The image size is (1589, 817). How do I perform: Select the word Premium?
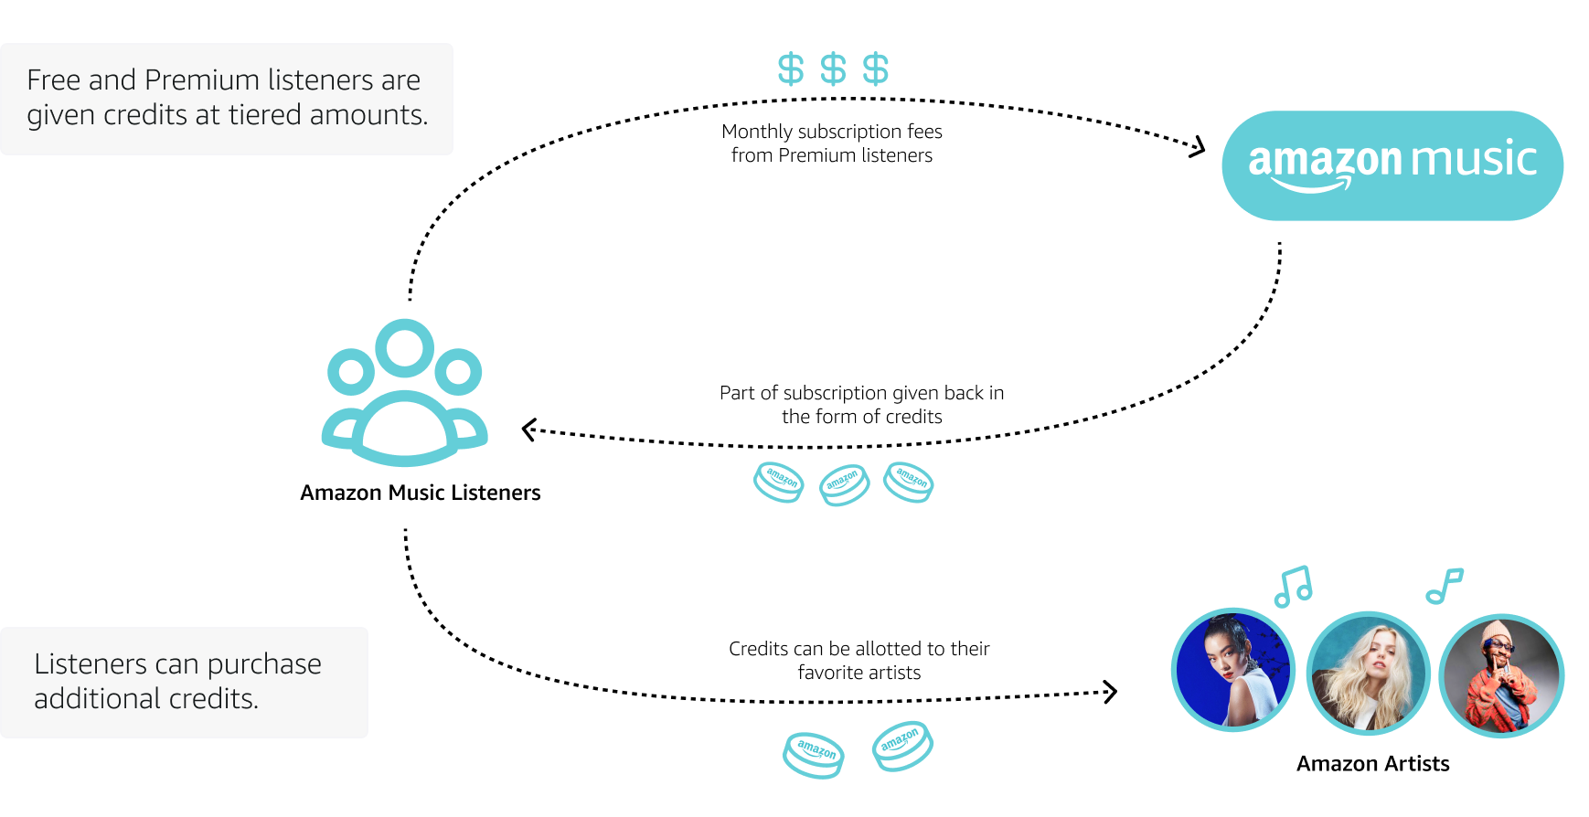coord(202,80)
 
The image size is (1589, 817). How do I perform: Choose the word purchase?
coord(265,665)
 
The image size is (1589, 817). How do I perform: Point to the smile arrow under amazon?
coord(1312,186)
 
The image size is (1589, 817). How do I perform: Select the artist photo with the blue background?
coord(1232,670)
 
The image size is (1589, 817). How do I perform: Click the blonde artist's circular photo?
coord(1368,674)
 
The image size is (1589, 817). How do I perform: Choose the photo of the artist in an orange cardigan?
coord(1500,676)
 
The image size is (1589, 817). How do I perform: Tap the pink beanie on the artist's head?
coord(1499,632)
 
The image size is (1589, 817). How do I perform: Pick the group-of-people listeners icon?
coord(400,397)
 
